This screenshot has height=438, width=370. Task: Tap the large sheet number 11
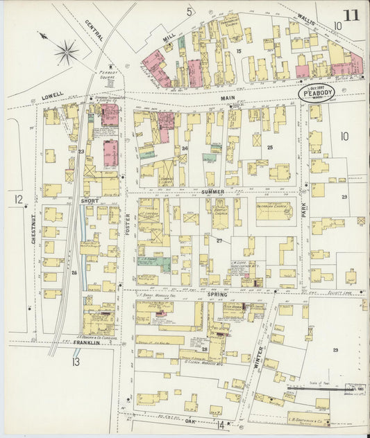(x=351, y=14)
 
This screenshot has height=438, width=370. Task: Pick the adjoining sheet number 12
(x=17, y=200)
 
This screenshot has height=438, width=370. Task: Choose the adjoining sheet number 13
(x=75, y=360)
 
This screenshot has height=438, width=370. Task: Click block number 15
(x=237, y=51)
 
